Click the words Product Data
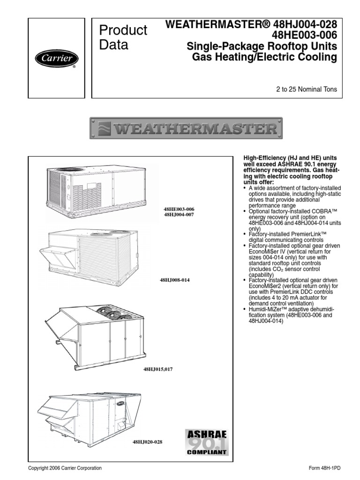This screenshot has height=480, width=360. (x=123, y=37)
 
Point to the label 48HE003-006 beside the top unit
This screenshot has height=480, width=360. (x=178, y=209)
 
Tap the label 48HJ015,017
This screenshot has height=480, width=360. (x=158, y=370)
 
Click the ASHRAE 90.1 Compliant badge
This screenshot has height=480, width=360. (x=207, y=442)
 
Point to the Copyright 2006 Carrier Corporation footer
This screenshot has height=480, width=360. (x=65, y=468)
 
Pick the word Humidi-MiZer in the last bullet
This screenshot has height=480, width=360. (x=267, y=310)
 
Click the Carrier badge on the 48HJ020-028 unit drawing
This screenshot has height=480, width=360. (x=121, y=403)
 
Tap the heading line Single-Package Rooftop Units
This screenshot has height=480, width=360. (x=262, y=46)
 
